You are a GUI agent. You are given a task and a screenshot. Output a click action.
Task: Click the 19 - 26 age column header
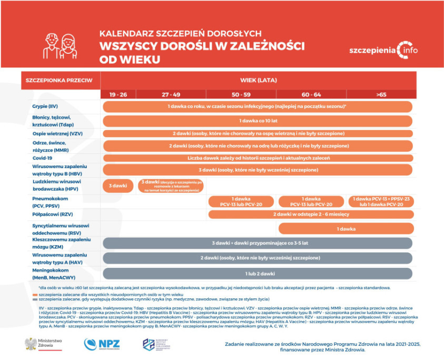(118, 94)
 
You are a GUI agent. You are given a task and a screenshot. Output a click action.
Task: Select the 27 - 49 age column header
(171, 94)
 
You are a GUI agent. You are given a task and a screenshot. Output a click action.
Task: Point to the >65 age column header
(381, 94)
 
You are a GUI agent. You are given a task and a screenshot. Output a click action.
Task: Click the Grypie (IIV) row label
(44, 106)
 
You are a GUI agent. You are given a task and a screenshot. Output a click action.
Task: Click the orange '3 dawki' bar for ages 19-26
(118, 186)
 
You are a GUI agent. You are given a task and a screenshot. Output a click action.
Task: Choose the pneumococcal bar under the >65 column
(381, 201)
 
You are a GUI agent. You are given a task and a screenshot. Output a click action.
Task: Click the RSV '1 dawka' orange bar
(346, 229)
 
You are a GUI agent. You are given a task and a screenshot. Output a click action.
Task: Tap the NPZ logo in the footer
(102, 344)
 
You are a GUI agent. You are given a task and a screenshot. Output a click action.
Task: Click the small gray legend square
(34, 298)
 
